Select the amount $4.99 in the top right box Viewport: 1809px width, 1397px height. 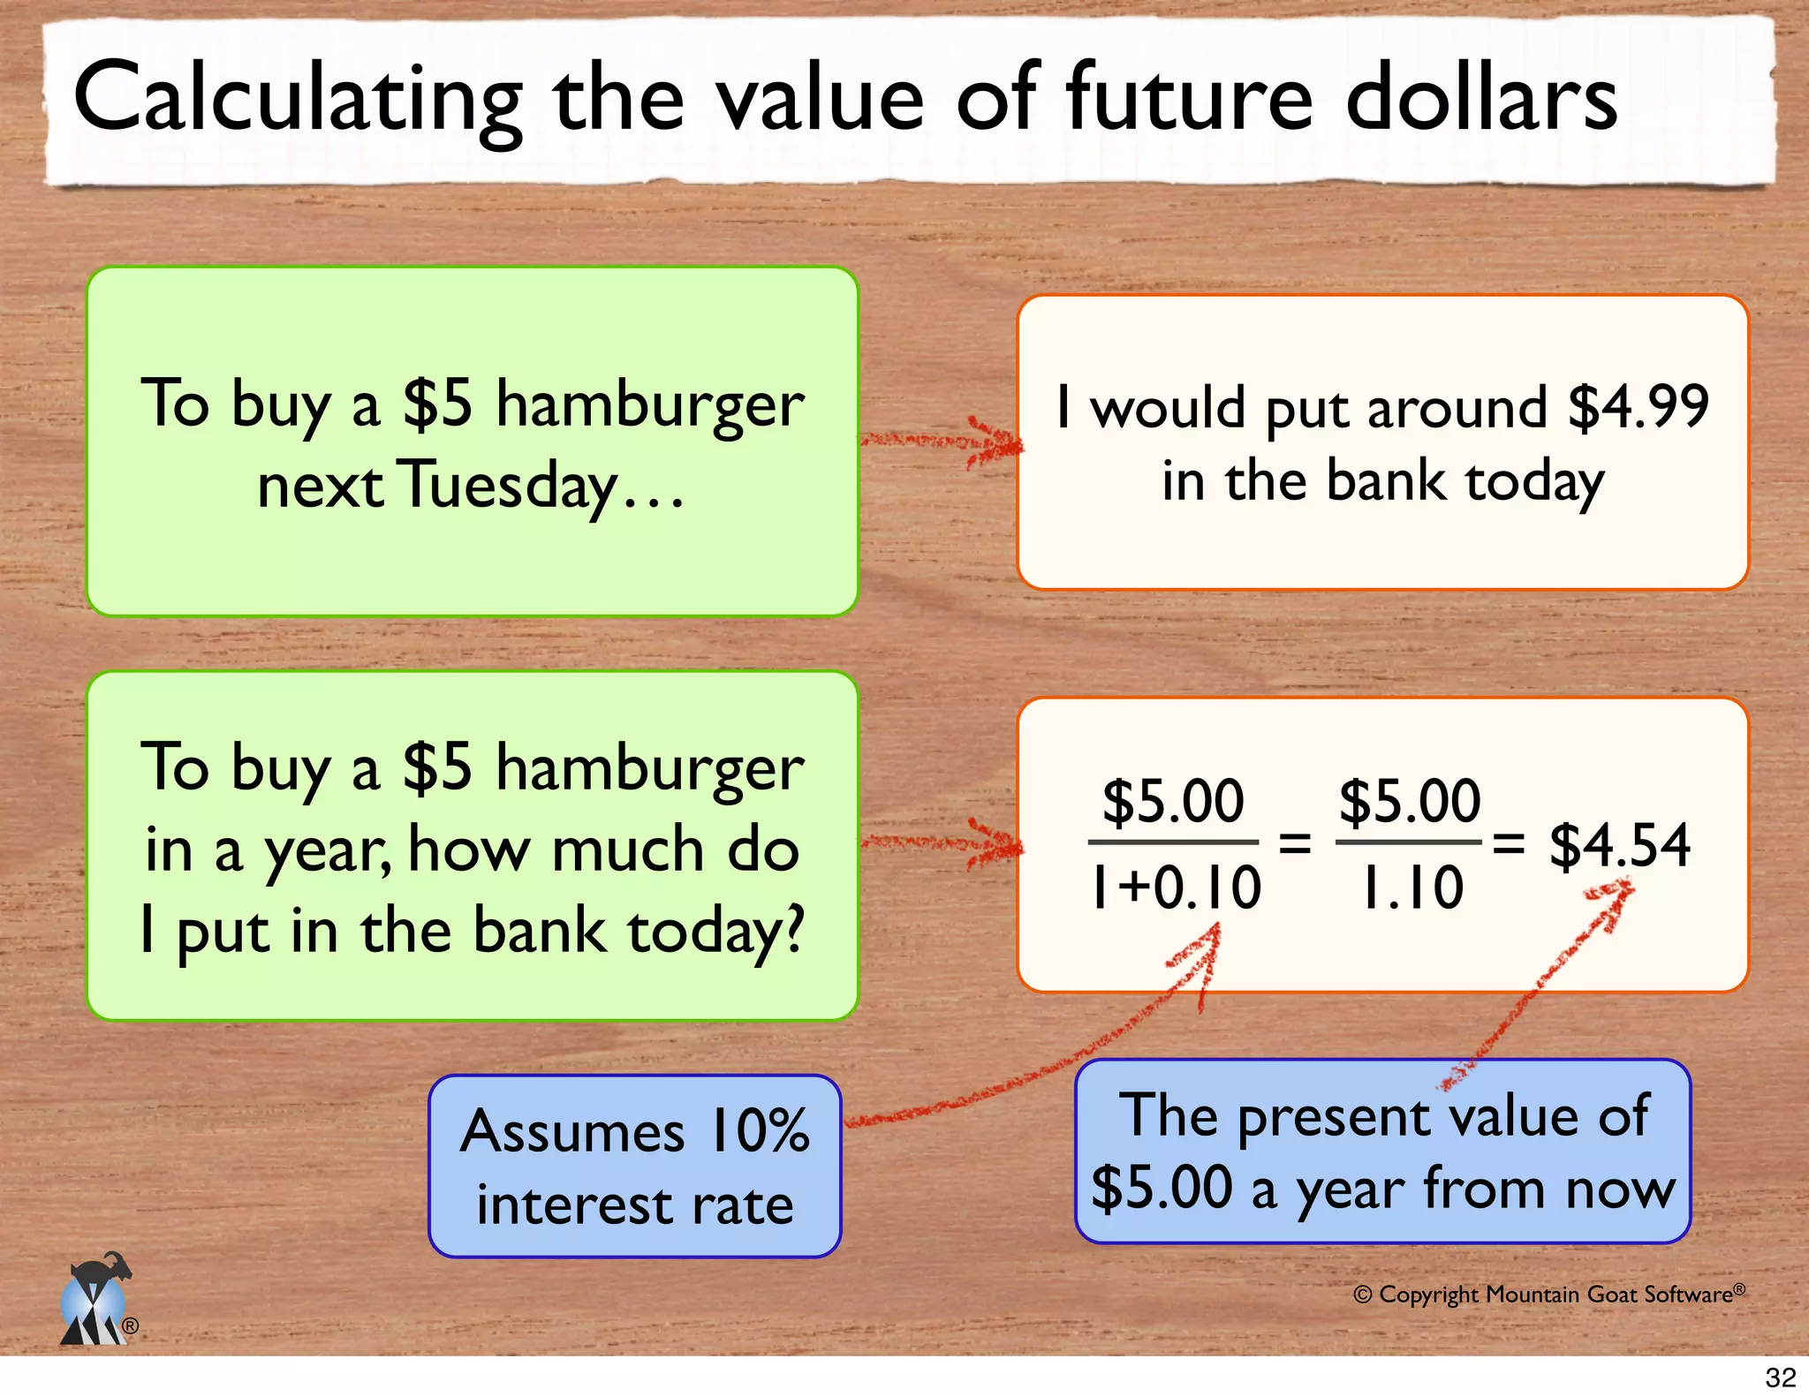click(1639, 408)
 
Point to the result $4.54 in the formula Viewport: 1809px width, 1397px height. click(1619, 845)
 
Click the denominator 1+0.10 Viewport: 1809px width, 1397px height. click(1175, 887)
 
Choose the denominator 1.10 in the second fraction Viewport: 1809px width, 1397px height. click(1411, 887)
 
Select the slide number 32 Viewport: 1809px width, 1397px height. click(1780, 1378)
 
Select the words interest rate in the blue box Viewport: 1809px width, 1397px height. click(634, 1205)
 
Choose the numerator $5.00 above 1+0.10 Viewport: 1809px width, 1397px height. click(1173, 801)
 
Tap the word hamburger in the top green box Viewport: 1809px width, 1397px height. click(649, 404)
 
